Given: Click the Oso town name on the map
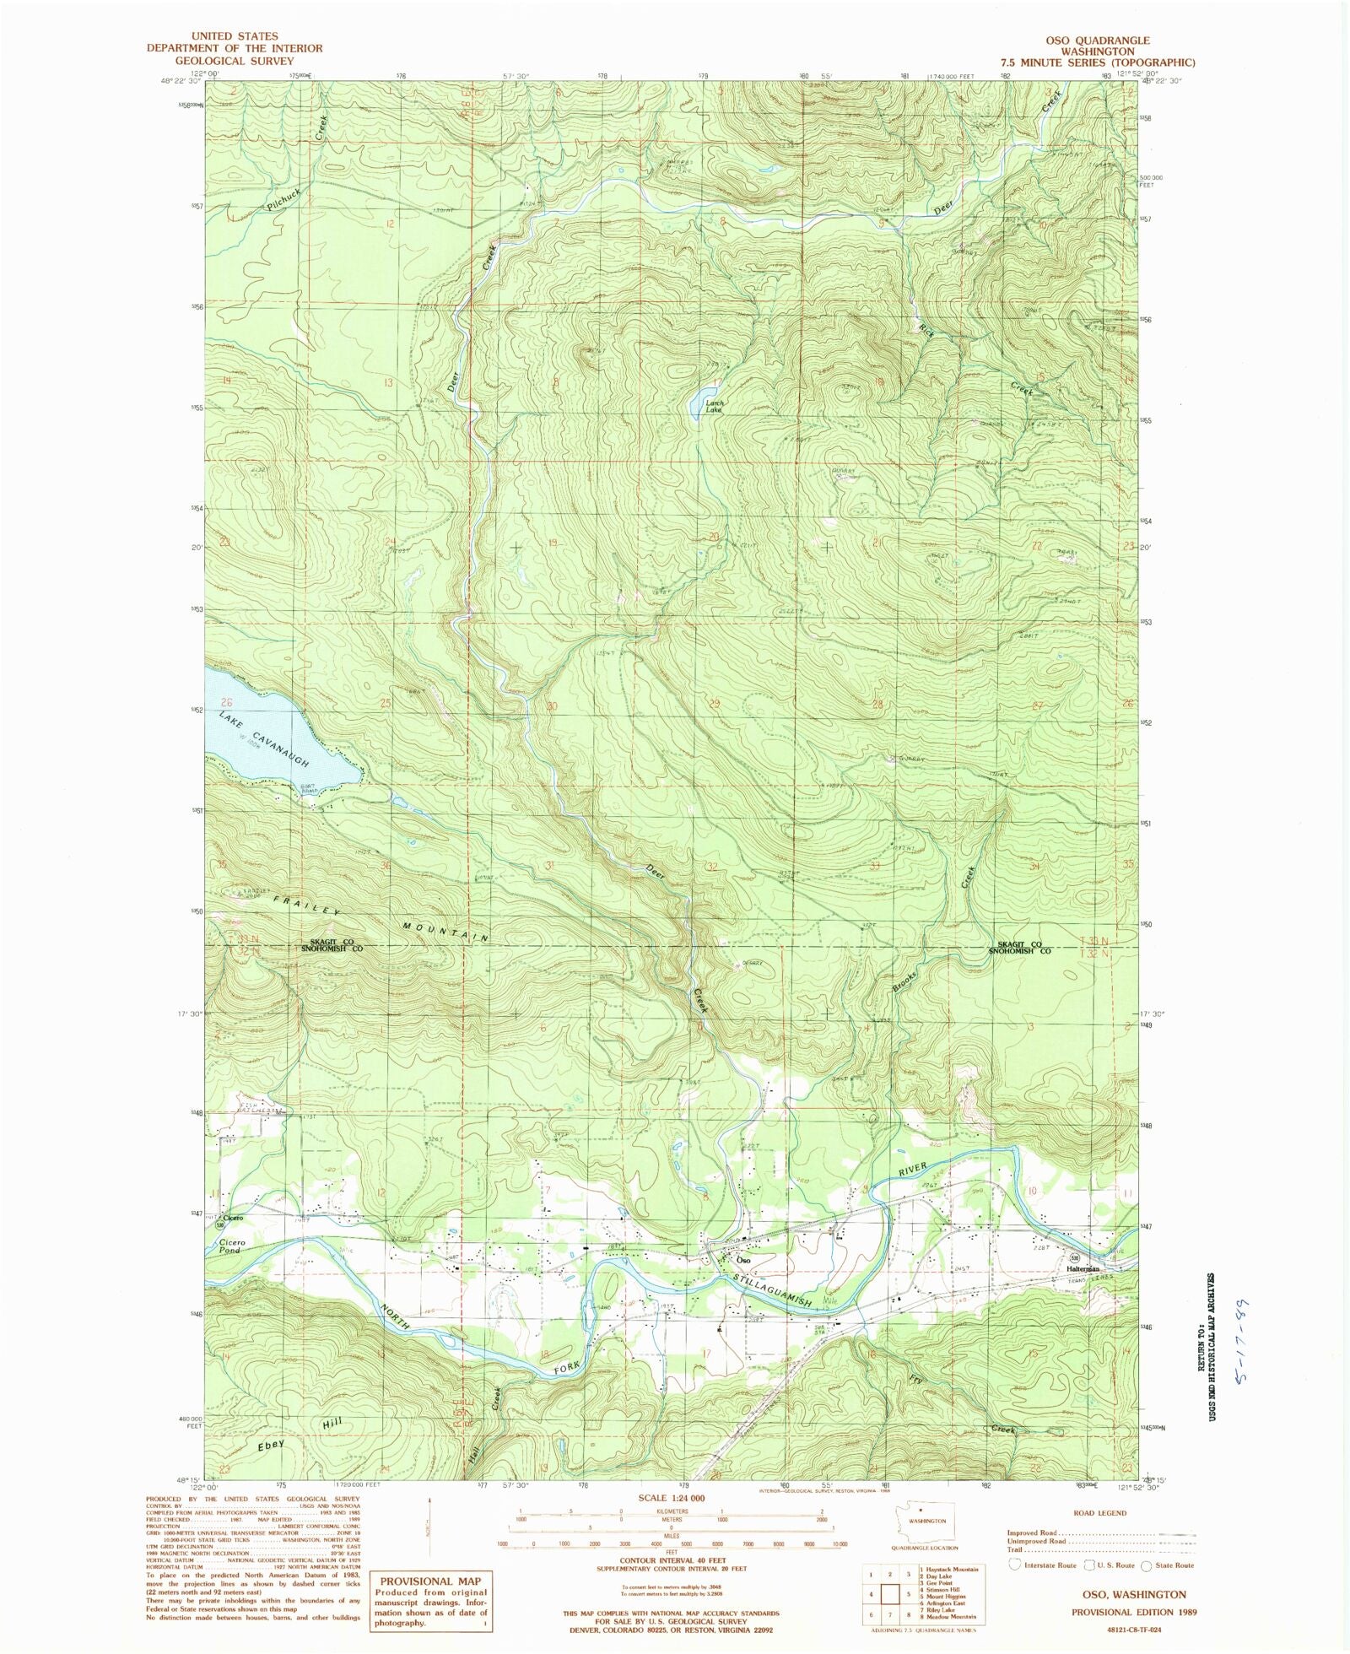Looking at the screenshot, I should tap(743, 1261).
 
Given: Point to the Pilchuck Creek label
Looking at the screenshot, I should tap(283, 200).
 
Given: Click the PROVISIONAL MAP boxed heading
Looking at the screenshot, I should tap(430, 1581).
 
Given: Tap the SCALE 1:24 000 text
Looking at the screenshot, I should tap(673, 1498).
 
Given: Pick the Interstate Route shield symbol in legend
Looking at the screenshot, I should tap(1016, 1565).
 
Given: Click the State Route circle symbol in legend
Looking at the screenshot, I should tap(1146, 1566).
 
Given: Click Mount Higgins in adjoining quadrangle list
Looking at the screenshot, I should tap(937, 1597).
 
